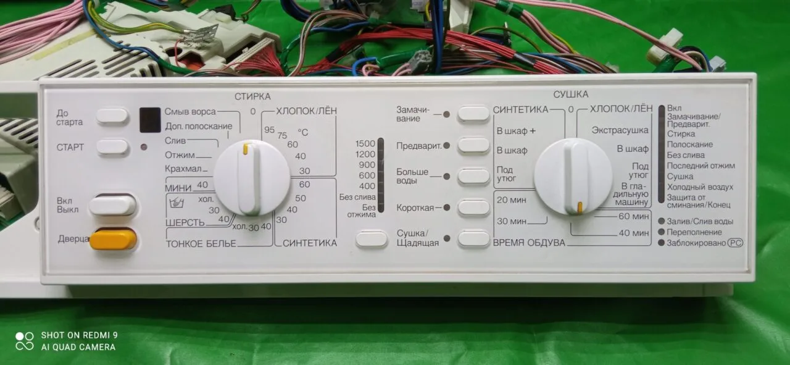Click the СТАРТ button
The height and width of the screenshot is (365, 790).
point(112,146)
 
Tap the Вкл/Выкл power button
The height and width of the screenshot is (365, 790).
point(112,205)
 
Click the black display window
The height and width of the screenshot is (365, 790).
point(150,120)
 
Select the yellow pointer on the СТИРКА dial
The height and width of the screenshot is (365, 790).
point(246,149)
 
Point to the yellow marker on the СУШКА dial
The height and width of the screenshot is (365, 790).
point(580,208)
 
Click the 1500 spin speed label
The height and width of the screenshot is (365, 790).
point(365,144)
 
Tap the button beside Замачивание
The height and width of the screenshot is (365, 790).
point(473,114)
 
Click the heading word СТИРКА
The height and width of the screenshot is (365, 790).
point(252,96)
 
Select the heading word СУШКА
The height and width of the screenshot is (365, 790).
point(571,94)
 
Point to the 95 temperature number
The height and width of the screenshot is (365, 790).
point(269,130)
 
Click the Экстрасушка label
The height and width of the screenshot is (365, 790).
point(620,130)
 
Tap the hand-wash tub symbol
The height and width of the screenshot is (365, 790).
point(177,203)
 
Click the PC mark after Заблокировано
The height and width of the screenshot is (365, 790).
point(735,243)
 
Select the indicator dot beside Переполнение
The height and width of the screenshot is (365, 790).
point(661,232)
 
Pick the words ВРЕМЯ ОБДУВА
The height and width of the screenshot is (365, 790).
point(529,243)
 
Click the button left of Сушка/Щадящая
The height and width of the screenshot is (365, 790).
point(372,238)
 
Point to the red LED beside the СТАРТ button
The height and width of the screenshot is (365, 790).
point(144,147)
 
